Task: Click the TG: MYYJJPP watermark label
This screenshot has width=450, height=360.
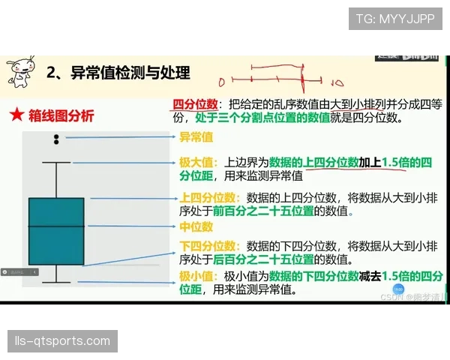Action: (x=394, y=19)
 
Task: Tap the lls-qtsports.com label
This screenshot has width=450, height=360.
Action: (x=63, y=341)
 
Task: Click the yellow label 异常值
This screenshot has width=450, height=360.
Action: (x=196, y=137)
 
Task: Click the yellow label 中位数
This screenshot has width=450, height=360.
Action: (x=196, y=226)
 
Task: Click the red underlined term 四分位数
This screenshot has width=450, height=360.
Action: (x=195, y=104)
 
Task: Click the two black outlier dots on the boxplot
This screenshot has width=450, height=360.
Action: (x=56, y=139)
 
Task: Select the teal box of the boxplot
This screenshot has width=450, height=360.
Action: (x=56, y=231)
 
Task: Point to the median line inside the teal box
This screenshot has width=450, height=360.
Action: (x=56, y=226)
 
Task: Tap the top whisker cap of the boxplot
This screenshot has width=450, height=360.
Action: (x=56, y=162)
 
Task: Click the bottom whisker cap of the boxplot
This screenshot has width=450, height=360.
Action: (x=56, y=282)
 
